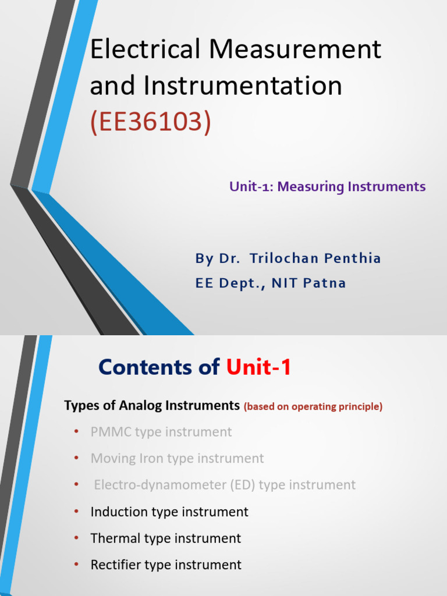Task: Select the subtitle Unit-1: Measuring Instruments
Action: (327, 187)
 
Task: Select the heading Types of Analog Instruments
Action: (152, 406)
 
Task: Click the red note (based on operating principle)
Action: (313, 407)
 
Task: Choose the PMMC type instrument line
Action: (161, 432)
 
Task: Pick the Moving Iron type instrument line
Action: (177, 459)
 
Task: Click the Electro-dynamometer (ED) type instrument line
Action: (225, 485)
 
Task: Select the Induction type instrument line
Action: (169, 512)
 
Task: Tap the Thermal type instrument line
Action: (166, 538)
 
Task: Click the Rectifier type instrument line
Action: (166, 565)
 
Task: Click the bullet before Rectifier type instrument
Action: (76, 565)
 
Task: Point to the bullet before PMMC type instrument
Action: (76, 432)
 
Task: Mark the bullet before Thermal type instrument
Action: (76, 538)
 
